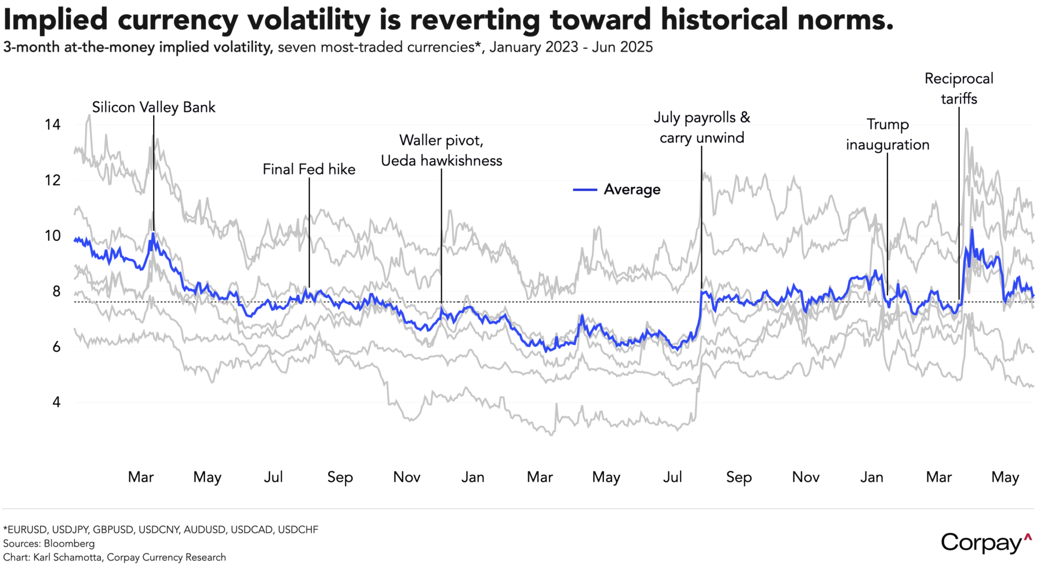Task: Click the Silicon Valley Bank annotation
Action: coord(154,107)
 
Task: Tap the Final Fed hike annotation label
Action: coord(309,169)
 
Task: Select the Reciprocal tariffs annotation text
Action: coord(959,89)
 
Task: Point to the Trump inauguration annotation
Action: coord(887,134)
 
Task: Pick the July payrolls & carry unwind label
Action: coord(702,127)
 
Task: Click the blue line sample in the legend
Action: coord(585,190)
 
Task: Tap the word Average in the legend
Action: coord(632,190)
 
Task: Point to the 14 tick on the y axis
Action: coord(52,124)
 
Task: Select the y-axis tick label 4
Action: coord(56,402)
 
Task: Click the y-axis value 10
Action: coord(52,236)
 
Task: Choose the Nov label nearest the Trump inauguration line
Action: coord(806,477)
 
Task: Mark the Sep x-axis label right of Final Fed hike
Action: coord(340,477)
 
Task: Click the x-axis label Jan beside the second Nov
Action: coord(872,477)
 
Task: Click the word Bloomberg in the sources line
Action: coord(69,544)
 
